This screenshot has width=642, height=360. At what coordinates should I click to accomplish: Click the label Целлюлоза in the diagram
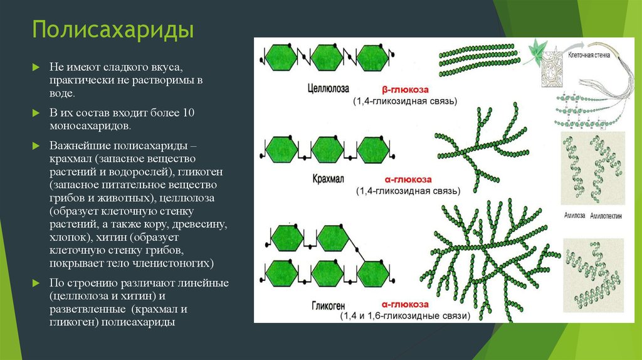328,88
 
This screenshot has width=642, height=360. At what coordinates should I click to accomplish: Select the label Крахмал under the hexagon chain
328,179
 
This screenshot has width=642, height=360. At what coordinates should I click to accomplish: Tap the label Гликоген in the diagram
329,305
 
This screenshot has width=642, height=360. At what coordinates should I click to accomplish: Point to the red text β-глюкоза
405,90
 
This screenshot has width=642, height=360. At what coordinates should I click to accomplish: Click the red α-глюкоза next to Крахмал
408,179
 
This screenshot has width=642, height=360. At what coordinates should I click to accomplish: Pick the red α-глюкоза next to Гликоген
406,304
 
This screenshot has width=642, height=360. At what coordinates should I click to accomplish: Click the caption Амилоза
574,215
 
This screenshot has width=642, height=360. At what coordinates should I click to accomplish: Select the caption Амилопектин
606,215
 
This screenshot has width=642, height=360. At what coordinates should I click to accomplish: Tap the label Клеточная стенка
589,55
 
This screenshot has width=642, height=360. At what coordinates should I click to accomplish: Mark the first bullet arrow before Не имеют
36,67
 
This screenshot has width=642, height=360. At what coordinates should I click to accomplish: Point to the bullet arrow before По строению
36,283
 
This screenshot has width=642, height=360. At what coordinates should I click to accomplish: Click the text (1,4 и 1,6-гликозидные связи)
406,315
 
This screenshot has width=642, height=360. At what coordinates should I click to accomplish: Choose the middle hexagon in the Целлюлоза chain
327,58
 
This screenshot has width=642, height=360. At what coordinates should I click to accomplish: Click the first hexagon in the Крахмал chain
282,150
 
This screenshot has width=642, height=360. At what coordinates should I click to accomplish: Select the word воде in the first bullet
62,93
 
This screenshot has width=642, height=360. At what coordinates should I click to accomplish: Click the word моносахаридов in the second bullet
90,125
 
